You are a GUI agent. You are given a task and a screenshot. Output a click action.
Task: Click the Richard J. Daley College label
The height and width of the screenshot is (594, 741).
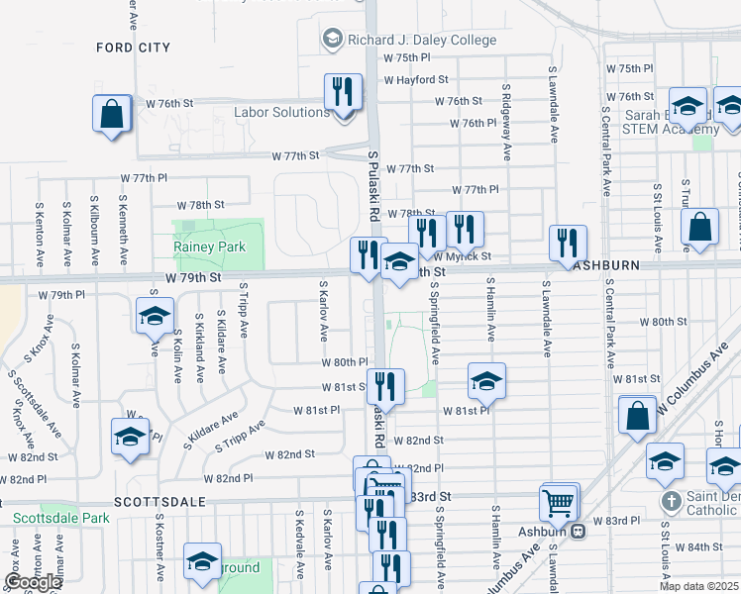click(420, 41)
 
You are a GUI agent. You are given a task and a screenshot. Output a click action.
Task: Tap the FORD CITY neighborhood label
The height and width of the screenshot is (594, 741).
click(133, 48)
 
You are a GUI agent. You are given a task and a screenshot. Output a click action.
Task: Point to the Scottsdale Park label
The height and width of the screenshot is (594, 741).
click(60, 518)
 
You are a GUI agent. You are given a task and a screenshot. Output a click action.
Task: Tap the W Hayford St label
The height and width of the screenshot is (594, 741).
click(416, 79)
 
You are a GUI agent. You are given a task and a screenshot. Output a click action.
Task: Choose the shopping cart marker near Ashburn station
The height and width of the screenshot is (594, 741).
click(560, 502)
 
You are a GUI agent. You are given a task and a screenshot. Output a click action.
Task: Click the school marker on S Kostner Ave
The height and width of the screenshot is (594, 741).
click(154, 317)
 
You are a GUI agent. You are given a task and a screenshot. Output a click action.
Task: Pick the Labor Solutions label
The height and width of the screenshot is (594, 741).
click(281, 113)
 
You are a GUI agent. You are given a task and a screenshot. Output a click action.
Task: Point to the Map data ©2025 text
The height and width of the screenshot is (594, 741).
click(699, 586)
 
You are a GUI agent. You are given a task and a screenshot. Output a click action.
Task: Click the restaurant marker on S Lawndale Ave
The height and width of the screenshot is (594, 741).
click(568, 242)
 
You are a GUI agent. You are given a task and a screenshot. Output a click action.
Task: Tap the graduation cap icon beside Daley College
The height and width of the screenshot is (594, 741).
click(333, 40)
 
